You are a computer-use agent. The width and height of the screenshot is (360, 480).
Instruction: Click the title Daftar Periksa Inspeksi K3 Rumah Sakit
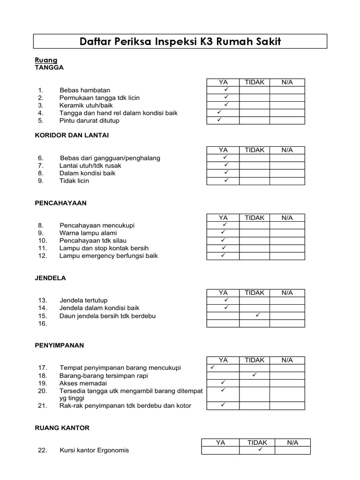tap(180, 42)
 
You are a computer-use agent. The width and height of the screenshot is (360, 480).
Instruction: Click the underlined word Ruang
tap(46, 60)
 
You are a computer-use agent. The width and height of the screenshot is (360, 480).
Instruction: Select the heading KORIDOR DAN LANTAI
tap(72, 135)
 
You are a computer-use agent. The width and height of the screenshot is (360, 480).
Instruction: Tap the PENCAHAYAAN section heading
tap(60, 203)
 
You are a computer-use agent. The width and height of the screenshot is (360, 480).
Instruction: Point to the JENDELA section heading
tap(51, 278)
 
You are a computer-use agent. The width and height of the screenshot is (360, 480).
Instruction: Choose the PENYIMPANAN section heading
tap(60, 345)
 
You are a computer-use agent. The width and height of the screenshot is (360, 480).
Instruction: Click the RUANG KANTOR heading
tap(62, 428)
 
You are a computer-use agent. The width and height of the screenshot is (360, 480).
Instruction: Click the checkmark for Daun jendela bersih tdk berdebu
tap(257, 315)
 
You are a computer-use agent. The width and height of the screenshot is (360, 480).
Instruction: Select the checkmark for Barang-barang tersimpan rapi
tap(254, 375)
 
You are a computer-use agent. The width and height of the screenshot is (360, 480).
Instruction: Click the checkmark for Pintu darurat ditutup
tap(219, 120)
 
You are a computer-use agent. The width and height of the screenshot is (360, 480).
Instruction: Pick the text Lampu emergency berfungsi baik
tap(108, 256)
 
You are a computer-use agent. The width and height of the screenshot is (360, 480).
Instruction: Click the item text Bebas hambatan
tap(85, 90)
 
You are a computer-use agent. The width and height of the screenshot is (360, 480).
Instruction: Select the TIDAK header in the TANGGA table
tap(255, 82)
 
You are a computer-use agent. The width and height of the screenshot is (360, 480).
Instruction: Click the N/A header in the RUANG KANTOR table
tap(292, 442)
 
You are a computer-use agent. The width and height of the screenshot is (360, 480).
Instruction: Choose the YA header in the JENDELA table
tap(223, 292)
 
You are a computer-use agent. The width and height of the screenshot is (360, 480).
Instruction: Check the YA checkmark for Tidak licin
tap(225, 180)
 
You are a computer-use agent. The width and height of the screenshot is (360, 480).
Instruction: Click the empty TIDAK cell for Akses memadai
tap(255, 383)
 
